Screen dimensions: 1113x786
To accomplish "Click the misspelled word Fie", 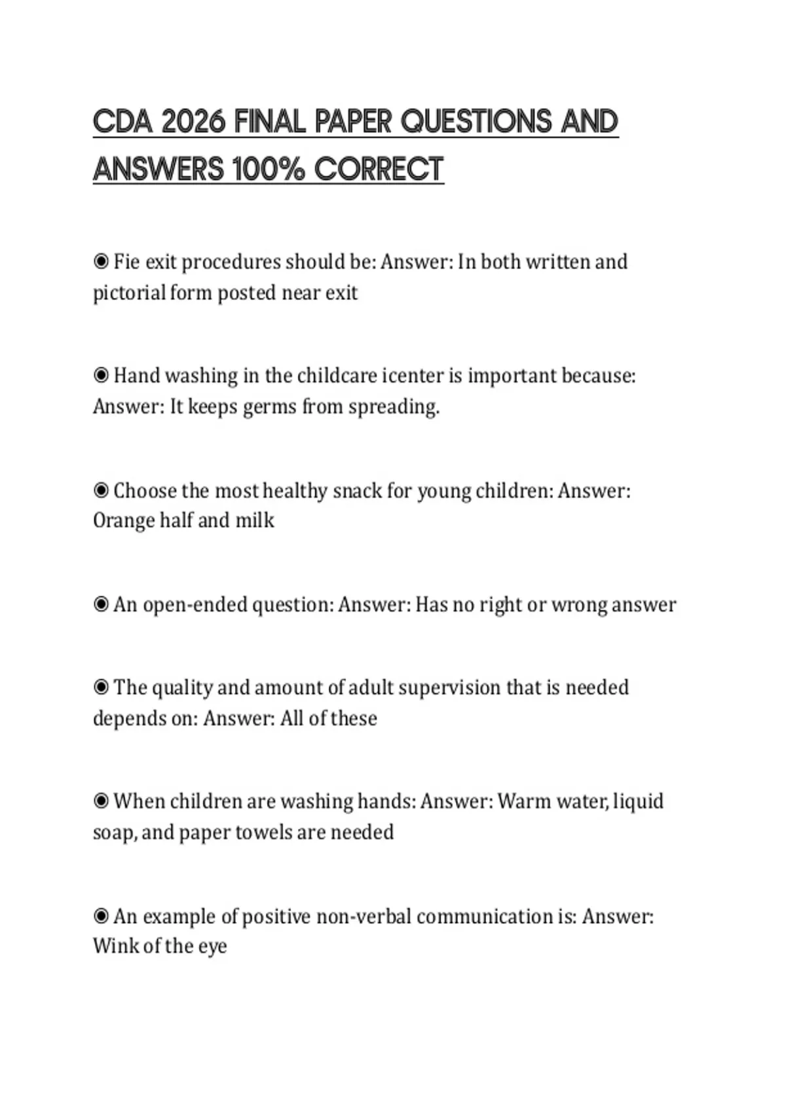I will [126, 262].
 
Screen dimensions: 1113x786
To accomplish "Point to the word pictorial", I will [129, 293].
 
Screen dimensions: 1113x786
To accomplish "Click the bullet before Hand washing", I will [101, 376].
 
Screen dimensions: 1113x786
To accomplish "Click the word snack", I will [357, 490].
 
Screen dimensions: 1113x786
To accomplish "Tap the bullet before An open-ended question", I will [101, 604].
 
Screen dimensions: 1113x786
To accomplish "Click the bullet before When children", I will [101, 801].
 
